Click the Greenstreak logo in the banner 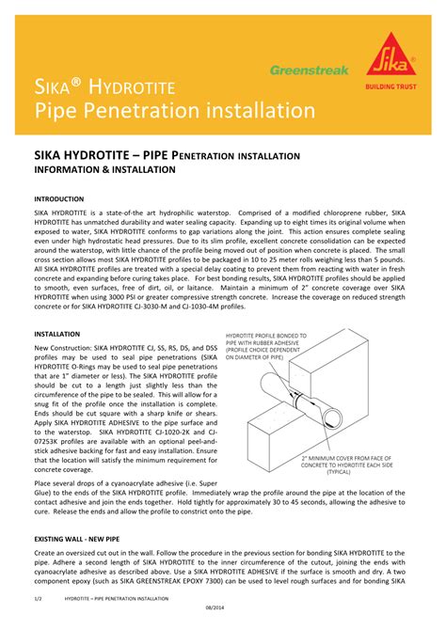pos(309,70)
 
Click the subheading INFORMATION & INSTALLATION pos(104,170)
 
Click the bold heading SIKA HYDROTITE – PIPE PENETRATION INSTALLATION pos(167,155)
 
